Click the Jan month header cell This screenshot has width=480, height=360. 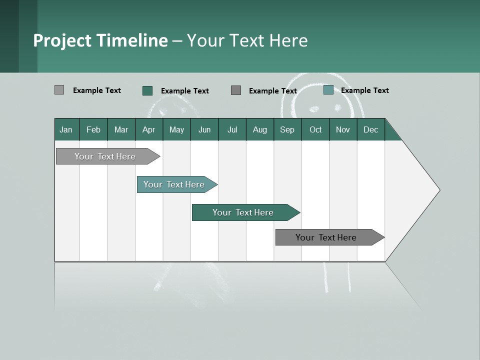[x=66, y=129]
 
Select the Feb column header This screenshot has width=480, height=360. [x=93, y=129]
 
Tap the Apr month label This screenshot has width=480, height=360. [x=148, y=129]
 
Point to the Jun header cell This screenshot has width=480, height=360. [x=204, y=129]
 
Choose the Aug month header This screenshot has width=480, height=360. [x=259, y=129]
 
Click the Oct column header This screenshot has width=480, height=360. [x=315, y=129]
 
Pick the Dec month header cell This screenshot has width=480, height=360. [x=370, y=129]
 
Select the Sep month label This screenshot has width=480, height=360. [x=287, y=129]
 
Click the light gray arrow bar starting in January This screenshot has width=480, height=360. [x=105, y=156]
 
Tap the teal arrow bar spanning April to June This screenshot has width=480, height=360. [x=174, y=184]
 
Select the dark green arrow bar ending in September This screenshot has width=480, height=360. [x=243, y=212]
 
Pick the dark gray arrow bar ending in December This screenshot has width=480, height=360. [x=326, y=237]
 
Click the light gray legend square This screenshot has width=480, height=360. [x=59, y=90]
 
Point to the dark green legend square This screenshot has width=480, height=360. [x=147, y=90]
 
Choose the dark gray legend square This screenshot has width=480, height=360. [x=236, y=90]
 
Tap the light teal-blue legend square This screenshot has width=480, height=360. [x=328, y=90]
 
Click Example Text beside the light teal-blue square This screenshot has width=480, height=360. [x=364, y=90]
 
